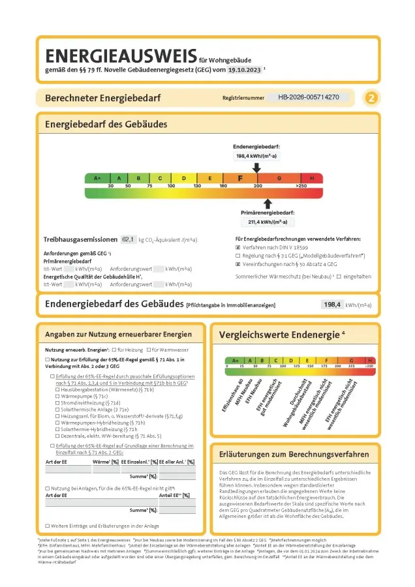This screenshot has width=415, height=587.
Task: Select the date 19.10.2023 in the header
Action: (244, 70)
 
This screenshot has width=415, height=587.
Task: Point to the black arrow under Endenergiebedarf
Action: (257, 168)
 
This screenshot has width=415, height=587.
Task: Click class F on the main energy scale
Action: (240, 178)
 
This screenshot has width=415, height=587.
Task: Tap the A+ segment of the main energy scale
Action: (97, 178)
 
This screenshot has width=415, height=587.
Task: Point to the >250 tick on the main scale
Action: (301, 187)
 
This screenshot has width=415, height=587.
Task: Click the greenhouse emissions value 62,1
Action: (128, 240)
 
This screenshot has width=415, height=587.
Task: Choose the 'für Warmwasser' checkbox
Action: (149, 351)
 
